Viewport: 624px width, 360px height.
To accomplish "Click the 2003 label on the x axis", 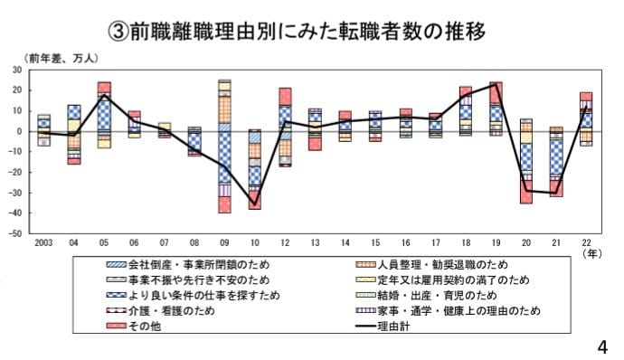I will (x=43, y=243).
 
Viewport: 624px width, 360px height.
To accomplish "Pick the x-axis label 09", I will (x=224, y=243).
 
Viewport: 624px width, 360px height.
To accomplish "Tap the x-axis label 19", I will (x=496, y=243).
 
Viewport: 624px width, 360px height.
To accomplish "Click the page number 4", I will (x=603, y=346).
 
